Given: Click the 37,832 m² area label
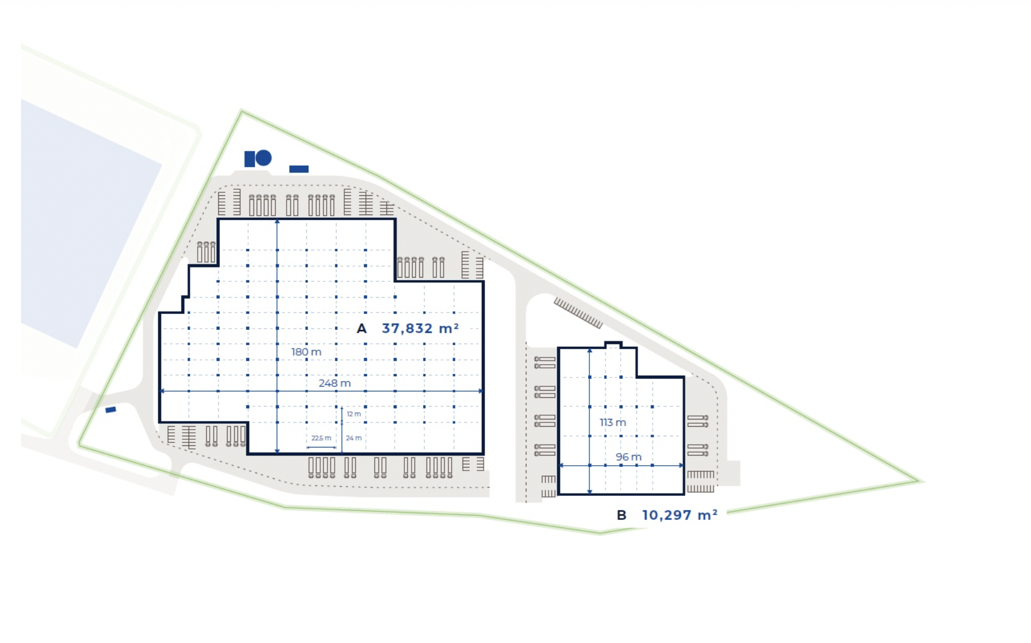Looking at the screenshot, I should pyautogui.click(x=420, y=329).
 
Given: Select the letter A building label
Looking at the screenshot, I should pyautogui.click(x=361, y=329).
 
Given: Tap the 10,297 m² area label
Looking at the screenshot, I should pyautogui.click(x=680, y=515).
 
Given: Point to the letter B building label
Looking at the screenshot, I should pyautogui.click(x=621, y=515).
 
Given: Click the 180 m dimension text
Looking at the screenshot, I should pyautogui.click(x=306, y=352).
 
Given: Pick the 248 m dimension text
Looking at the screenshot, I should pyautogui.click(x=335, y=383).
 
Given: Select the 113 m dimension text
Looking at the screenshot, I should pyautogui.click(x=612, y=422).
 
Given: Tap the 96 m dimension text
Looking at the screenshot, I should pyautogui.click(x=628, y=457).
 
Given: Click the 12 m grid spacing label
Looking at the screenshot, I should pyautogui.click(x=354, y=414).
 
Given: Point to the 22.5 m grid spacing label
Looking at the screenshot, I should pyautogui.click(x=321, y=438).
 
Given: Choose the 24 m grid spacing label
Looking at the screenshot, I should pyautogui.click(x=354, y=438).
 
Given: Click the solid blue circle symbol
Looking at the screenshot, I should pyautogui.click(x=264, y=158).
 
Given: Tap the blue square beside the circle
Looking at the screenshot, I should pyautogui.click(x=249, y=159).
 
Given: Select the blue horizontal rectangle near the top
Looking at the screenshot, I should pyautogui.click(x=299, y=169).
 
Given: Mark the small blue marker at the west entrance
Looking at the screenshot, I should pyautogui.click(x=111, y=410).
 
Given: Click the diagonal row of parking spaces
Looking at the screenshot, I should pyautogui.click(x=577, y=312).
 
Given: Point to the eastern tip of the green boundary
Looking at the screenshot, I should pyautogui.click(x=919, y=481).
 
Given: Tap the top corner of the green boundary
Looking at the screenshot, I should pyautogui.click(x=242, y=111).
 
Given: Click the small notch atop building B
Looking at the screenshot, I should pyautogui.click(x=613, y=344).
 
